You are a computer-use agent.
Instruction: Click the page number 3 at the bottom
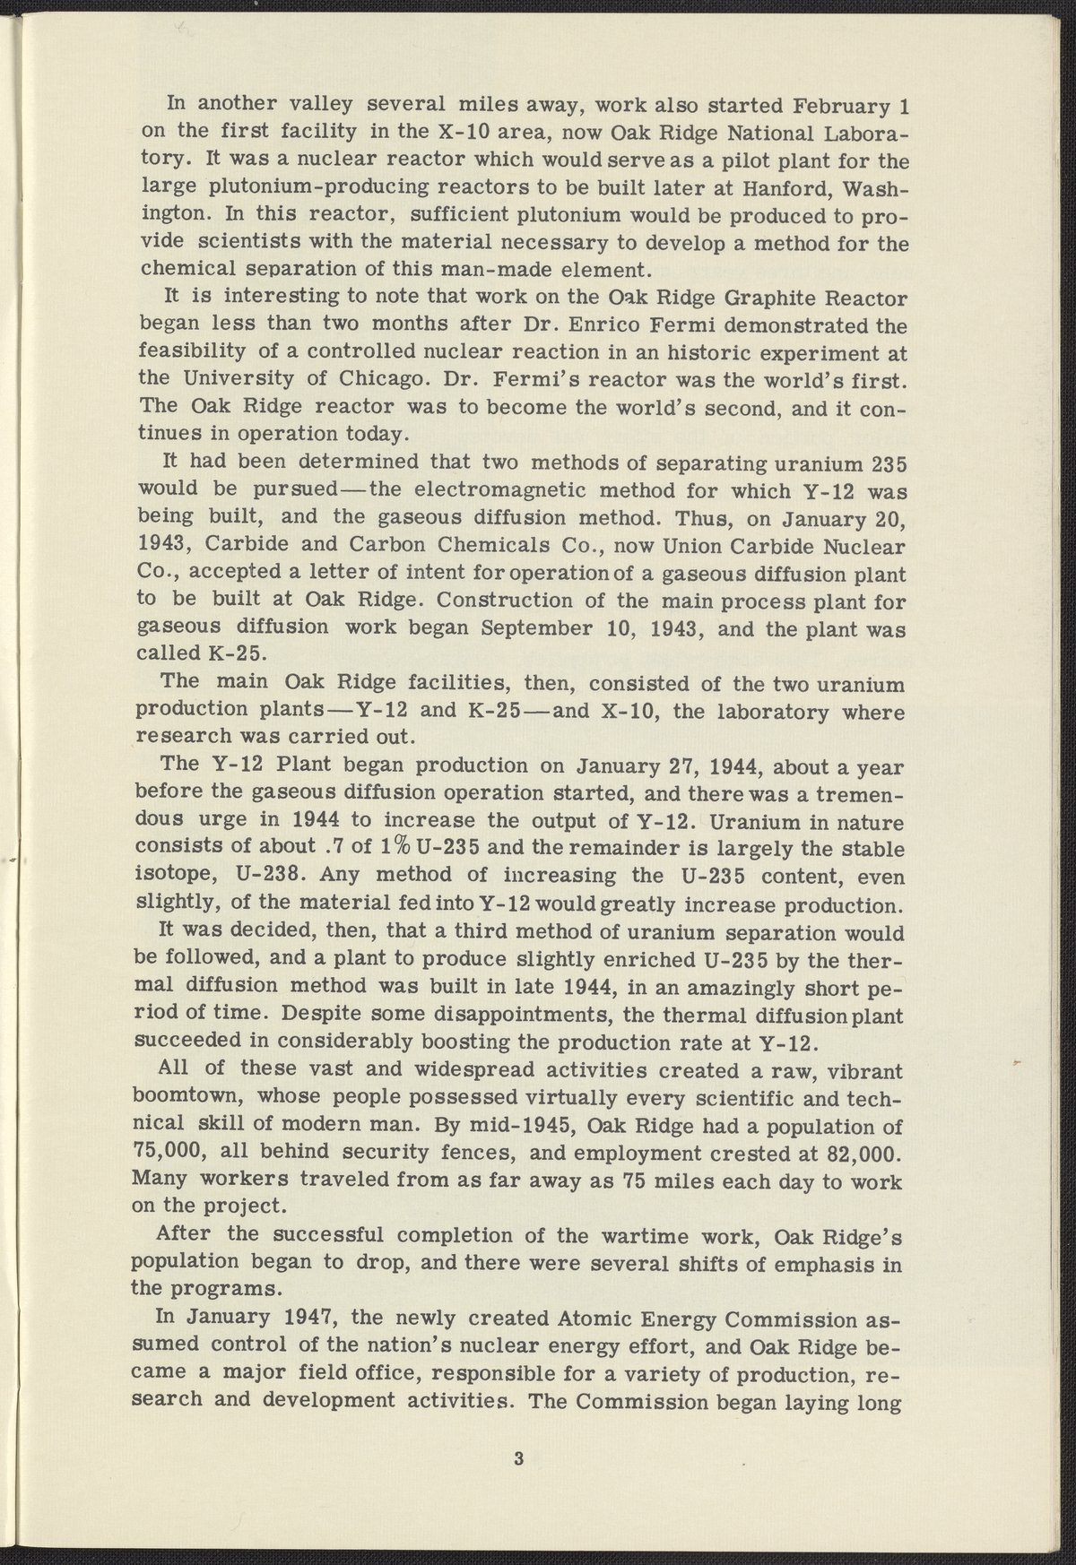518,1458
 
